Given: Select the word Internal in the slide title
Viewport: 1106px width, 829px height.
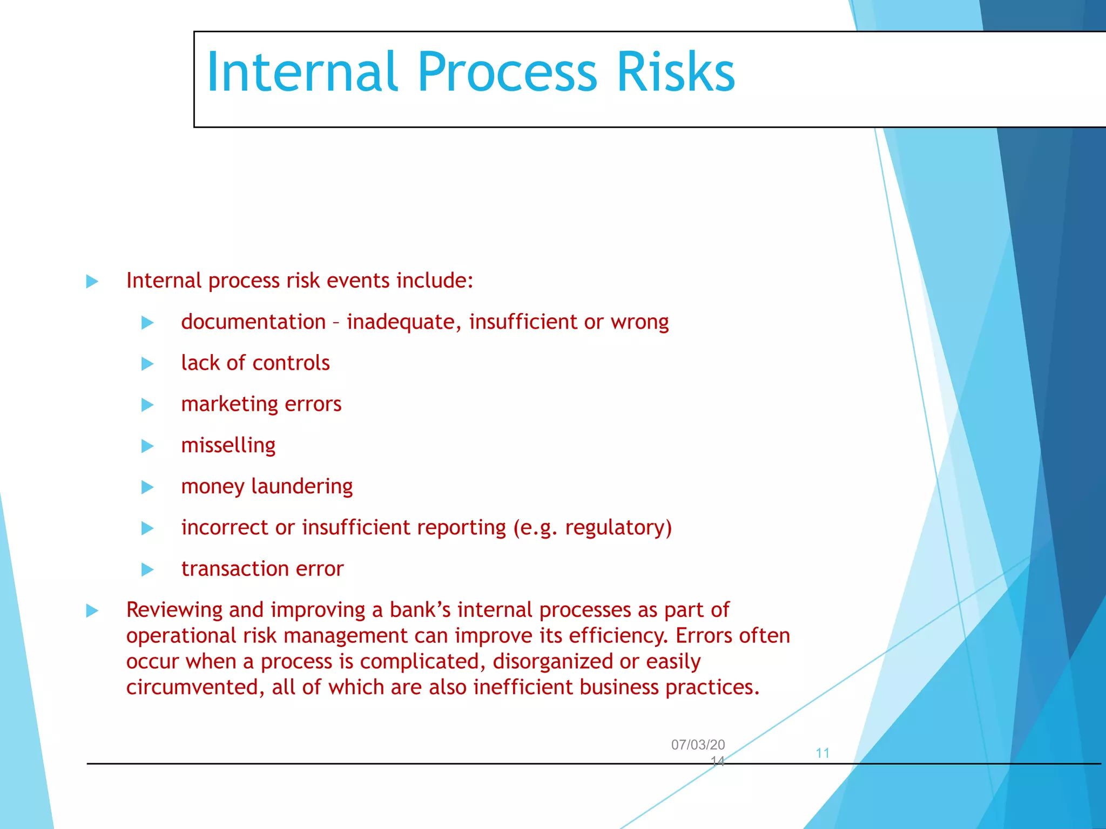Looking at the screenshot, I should (302, 72).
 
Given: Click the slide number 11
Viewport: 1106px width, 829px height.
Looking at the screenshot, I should (822, 753).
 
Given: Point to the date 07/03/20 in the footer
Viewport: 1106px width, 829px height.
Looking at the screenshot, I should (698, 745).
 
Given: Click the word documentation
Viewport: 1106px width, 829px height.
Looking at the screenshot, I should (253, 322).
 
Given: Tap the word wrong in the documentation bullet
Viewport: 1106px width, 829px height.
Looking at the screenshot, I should (639, 322).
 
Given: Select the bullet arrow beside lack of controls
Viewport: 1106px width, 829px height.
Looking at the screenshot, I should (147, 364).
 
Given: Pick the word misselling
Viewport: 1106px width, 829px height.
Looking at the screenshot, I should (228, 446).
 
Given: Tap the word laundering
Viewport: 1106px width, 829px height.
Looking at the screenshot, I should (302, 487).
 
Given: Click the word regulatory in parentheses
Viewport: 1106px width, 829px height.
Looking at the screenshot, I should (615, 528).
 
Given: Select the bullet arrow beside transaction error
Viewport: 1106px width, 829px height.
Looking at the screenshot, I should (147, 569).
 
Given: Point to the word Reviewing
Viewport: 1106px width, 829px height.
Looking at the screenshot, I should (174, 610).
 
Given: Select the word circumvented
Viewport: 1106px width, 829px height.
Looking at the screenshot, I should (194, 688).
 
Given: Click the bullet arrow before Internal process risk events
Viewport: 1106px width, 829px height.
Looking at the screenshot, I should (92, 281).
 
